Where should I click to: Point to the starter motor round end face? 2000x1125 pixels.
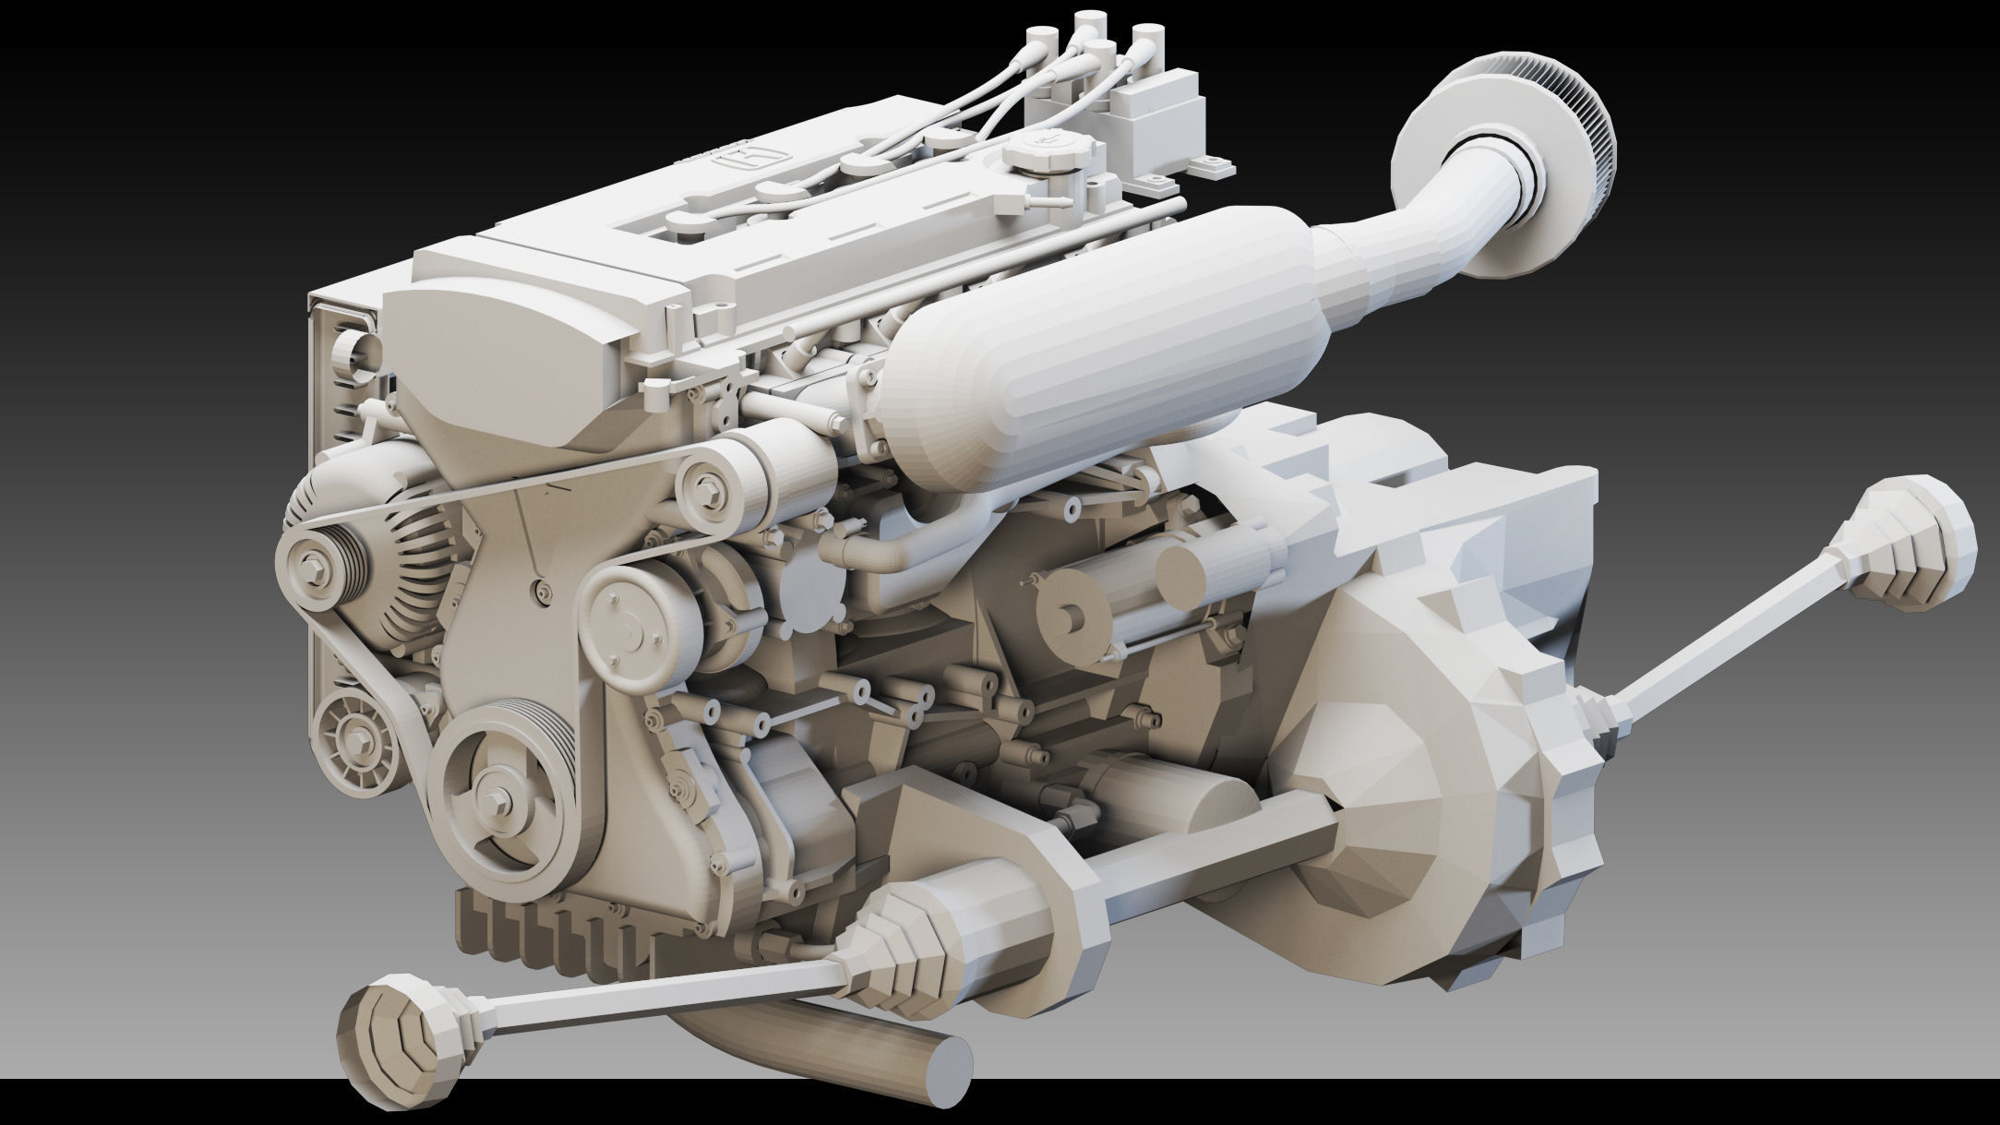[1073, 611]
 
